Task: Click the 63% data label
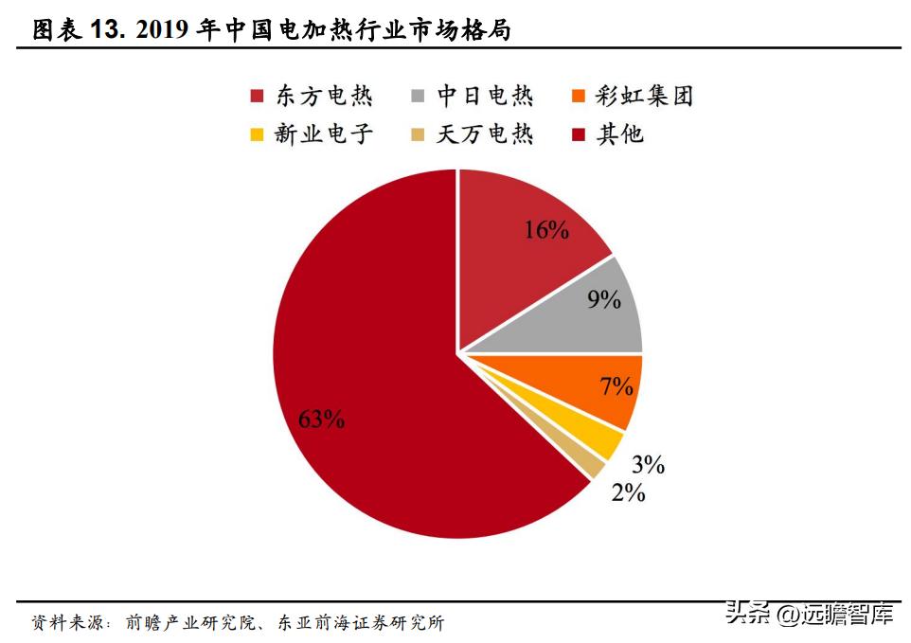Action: point(321,420)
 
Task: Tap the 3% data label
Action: point(649,465)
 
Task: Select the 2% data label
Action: point(628,492)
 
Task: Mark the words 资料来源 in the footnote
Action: point(64,623)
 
